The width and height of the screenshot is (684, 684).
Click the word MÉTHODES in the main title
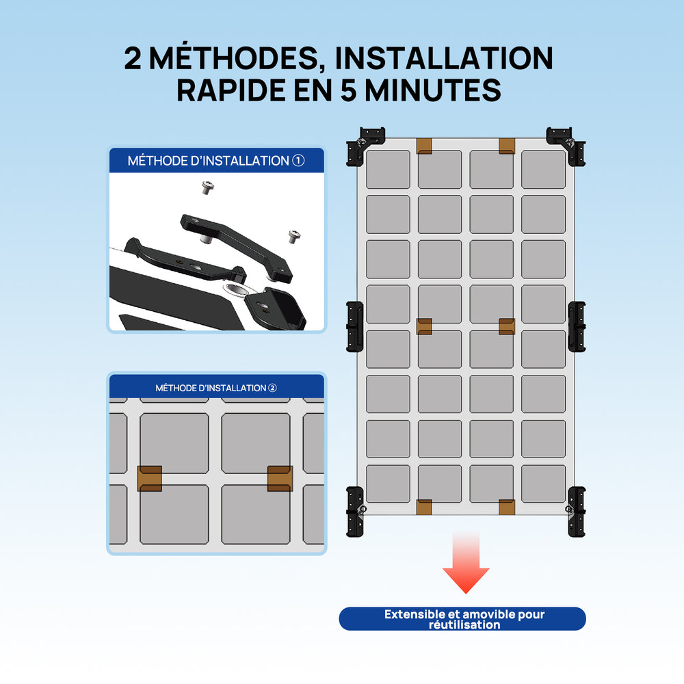pyautogui.click(x=234, y=58)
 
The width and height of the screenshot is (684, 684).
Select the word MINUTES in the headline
pyautogui.click(x=432, y=90)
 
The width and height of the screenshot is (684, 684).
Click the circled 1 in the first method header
pyautogui.click(x=298, y=161)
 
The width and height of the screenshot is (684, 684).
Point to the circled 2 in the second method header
pyautogui.click(x=272, y=388)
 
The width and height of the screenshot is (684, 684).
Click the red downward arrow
pyautogui.click(x=466, y=563)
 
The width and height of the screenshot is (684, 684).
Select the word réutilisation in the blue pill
pyautogui.click(x=464, y=624)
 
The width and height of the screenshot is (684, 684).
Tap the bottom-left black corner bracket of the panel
pyautogui.click(x=355, y=512)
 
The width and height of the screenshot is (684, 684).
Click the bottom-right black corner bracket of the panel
pyautogui.click(x=576, y=512)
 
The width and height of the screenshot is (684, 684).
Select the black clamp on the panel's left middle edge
pyautogui.click(x=354, y=326)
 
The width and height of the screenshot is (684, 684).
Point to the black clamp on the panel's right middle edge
pyautogui.click(x=577, y=326)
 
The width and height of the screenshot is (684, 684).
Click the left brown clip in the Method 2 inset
pyautogui.click(x=150, y=479)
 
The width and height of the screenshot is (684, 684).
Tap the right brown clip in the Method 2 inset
pyautogui.click(x=280, y=479)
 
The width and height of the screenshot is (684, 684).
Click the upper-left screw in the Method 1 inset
pyautogui.click(x=208, y=187)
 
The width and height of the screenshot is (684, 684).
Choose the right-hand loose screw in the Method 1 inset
pyautogui.click(x=294, y=237)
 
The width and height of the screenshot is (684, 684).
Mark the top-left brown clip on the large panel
pyautogui.click(x=424, y=146)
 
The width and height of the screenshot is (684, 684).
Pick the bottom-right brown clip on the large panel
pyautogui.click(x=507, y=508)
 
